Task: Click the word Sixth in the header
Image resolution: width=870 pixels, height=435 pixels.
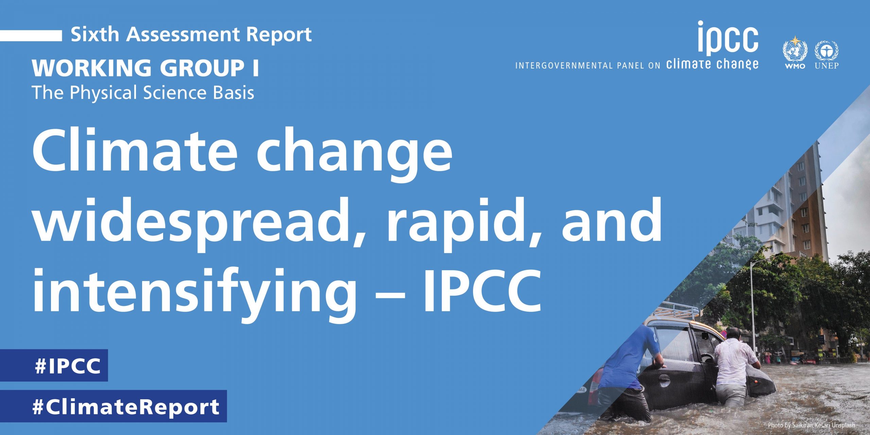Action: [95, 34]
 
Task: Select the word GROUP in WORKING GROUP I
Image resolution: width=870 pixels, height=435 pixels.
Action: [202, 68]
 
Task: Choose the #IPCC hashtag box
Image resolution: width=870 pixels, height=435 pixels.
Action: [54, 365]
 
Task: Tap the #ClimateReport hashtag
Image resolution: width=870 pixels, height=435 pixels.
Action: [113, 406]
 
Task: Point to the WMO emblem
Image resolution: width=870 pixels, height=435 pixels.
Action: [795, 52]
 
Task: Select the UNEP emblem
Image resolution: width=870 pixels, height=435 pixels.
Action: [826, 54]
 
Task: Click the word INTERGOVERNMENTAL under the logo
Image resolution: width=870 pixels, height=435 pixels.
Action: [564, 66]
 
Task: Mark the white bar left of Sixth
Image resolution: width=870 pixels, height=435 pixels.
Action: [31, 35]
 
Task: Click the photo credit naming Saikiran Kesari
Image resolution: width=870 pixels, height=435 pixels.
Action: [812, 425]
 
